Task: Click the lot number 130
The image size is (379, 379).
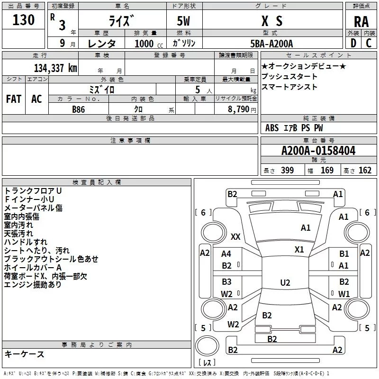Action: click(24, 20)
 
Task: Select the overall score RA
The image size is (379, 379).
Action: click(361, 21)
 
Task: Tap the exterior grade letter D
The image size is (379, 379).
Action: click(353, 43)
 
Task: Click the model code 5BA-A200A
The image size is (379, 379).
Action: click(271, 43)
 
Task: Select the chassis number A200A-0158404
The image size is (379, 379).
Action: click(318, 151)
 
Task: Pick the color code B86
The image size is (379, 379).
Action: click(79, 109)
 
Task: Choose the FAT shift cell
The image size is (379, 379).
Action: click(14, 99)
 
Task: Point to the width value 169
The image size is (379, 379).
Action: click(327, 171)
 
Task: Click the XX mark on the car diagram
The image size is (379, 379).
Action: click(235, 236)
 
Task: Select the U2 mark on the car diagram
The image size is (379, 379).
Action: click(285, 283)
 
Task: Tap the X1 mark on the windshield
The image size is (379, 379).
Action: click(299, 249)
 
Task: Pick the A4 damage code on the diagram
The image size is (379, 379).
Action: click(226, 254)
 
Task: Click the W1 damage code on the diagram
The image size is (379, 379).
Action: click(344, 294)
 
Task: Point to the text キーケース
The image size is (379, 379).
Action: click(25, 354)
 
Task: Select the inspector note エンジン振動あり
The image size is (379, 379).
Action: click(33, 285)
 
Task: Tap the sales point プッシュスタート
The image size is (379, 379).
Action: click(289, 77)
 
